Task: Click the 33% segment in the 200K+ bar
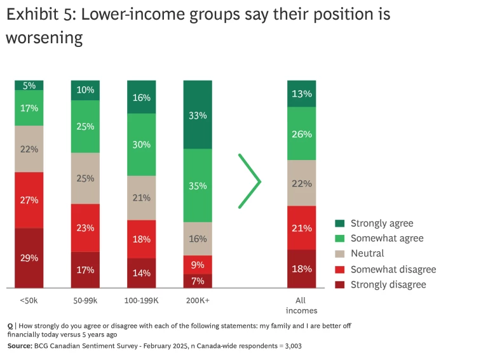pos(198,115)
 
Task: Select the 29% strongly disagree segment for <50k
pos(29,258)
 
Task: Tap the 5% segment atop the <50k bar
pos(29,85)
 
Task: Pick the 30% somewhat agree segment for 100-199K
pos(142,144)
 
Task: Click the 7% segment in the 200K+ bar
pos(198,281)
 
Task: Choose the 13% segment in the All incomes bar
pos(302,93)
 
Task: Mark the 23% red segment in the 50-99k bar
pos(86,227)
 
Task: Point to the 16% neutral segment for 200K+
pos(198,239)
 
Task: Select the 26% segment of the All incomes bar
pos(302,134)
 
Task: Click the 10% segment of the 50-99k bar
pos(86,90)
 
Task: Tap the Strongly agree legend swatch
pos(340,223)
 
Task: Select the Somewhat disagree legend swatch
pos(340,269)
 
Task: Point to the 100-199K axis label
pos(142,299)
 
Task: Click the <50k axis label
pos(29,299)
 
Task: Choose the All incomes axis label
pos(302,305)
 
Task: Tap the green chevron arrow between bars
pos(250,181)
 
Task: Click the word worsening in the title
pos(44,38)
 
